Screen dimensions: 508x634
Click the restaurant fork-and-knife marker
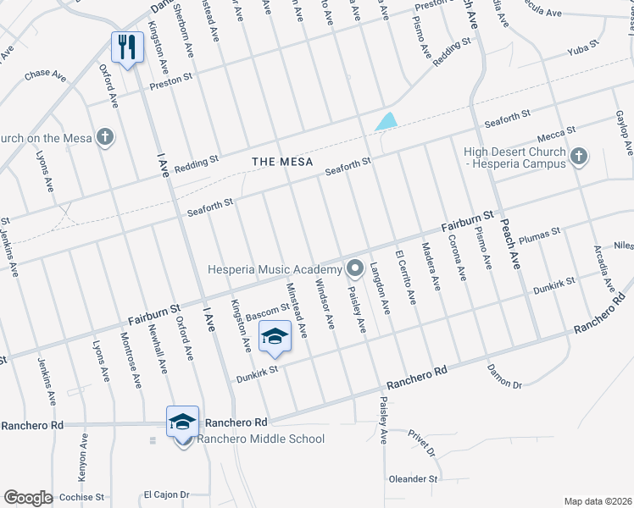point(127,47)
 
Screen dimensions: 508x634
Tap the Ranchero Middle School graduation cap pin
point(183,421)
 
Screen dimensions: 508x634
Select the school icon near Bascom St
point(275,336)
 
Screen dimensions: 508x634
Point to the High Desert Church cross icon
point(579,156)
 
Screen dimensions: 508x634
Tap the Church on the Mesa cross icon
point(104,137)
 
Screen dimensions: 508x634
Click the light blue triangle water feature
point(386,121)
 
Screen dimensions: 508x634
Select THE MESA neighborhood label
point(282,162)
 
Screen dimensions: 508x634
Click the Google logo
point(28,497)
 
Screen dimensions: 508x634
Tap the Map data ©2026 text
point(598,500)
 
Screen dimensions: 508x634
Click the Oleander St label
point(413,478)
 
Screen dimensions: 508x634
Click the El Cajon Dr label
point(164,494)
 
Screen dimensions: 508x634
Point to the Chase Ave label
point(46,75)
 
